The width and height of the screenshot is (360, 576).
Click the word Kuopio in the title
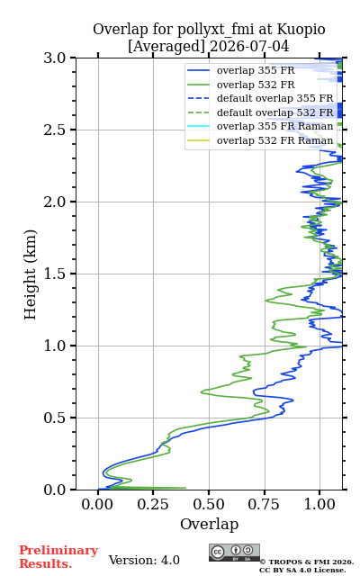301,30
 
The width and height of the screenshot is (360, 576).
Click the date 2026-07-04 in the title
249,47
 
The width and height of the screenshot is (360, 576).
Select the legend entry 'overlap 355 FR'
256,70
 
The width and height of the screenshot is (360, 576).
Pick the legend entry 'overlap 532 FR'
256,85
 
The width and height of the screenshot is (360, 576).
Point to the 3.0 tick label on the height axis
55,58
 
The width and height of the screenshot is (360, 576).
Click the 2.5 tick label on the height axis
55,130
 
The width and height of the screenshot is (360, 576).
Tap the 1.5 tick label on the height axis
55,274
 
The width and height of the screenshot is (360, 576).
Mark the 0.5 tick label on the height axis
55,418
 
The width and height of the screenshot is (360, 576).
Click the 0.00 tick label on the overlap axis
97,504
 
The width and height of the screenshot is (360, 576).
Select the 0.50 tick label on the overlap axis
209,504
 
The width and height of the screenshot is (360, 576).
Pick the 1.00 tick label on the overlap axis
319,504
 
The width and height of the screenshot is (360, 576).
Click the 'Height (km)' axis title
30,274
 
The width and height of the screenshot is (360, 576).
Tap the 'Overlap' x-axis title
210,524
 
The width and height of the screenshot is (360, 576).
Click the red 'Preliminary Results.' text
58,557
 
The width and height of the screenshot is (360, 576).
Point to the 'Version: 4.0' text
144,560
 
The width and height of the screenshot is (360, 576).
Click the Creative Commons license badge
234,553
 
